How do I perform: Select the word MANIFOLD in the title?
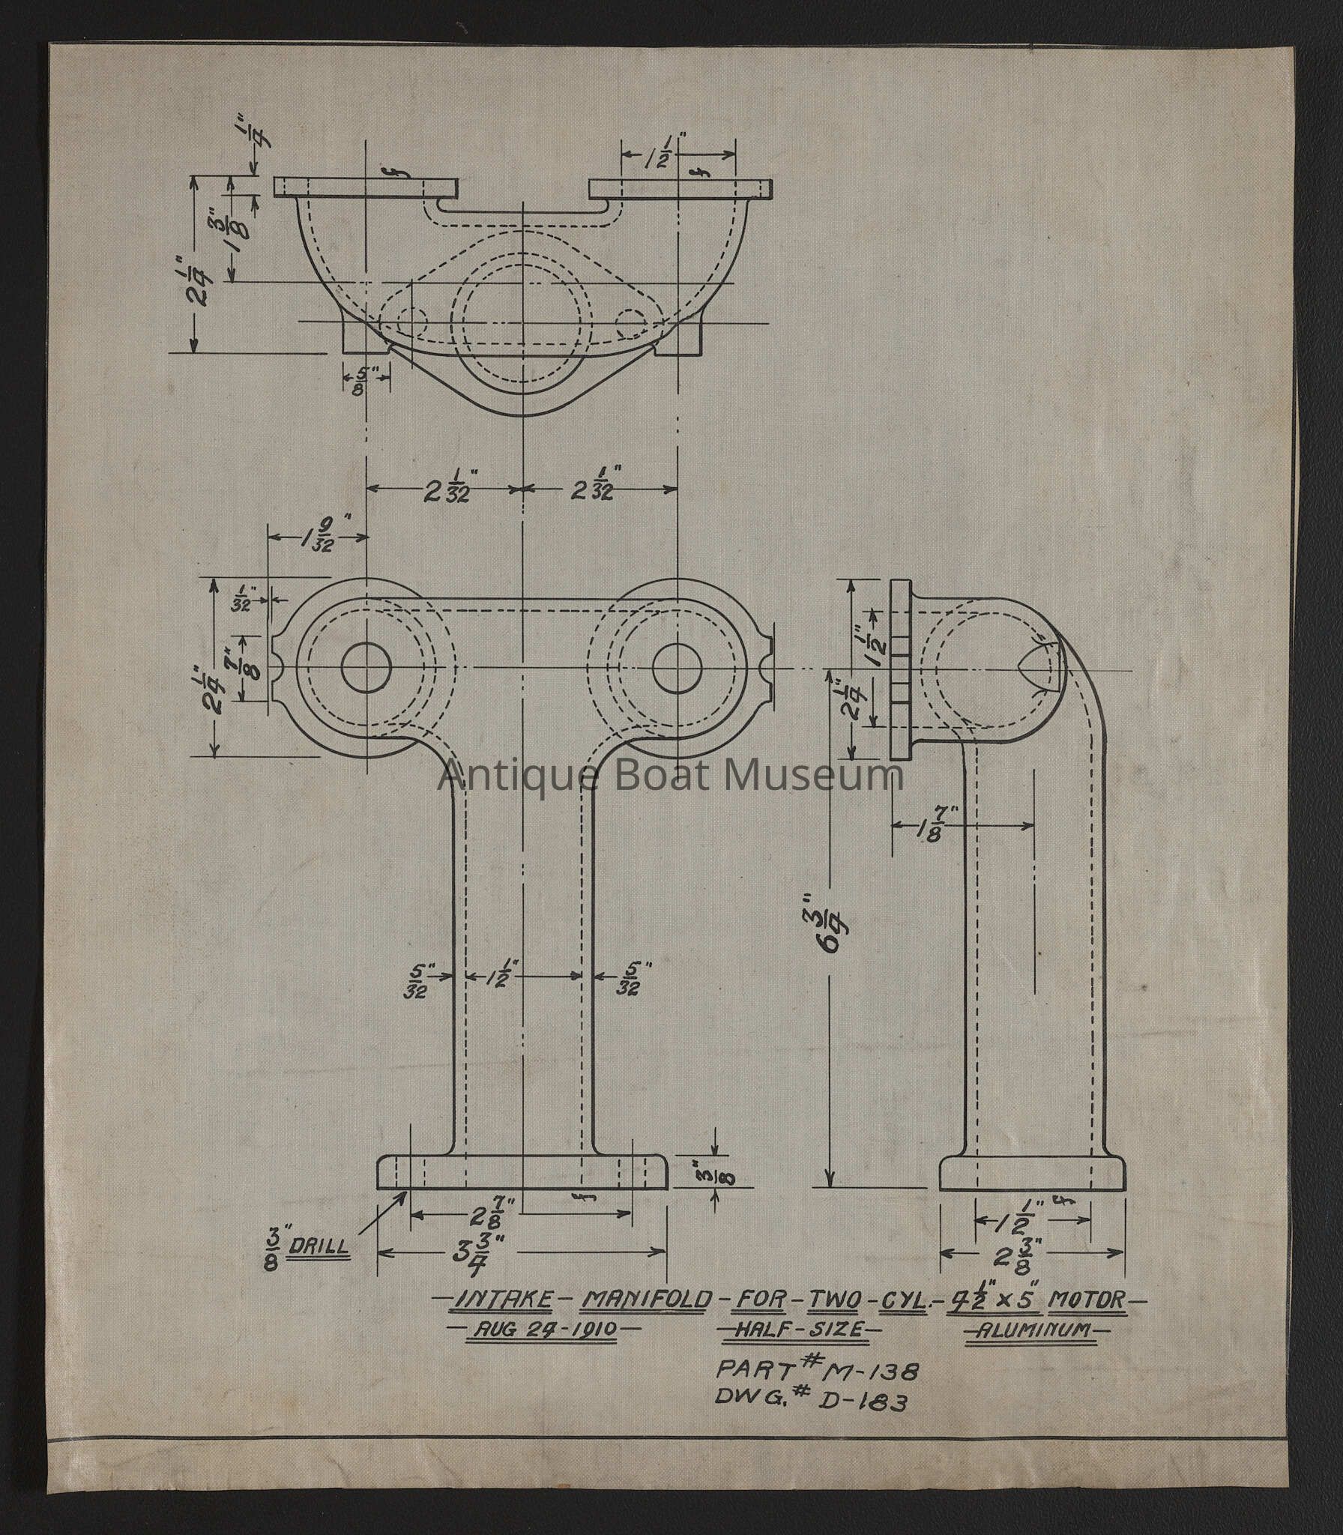645,1299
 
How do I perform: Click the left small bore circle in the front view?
368,667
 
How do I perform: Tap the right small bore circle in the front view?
677,667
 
